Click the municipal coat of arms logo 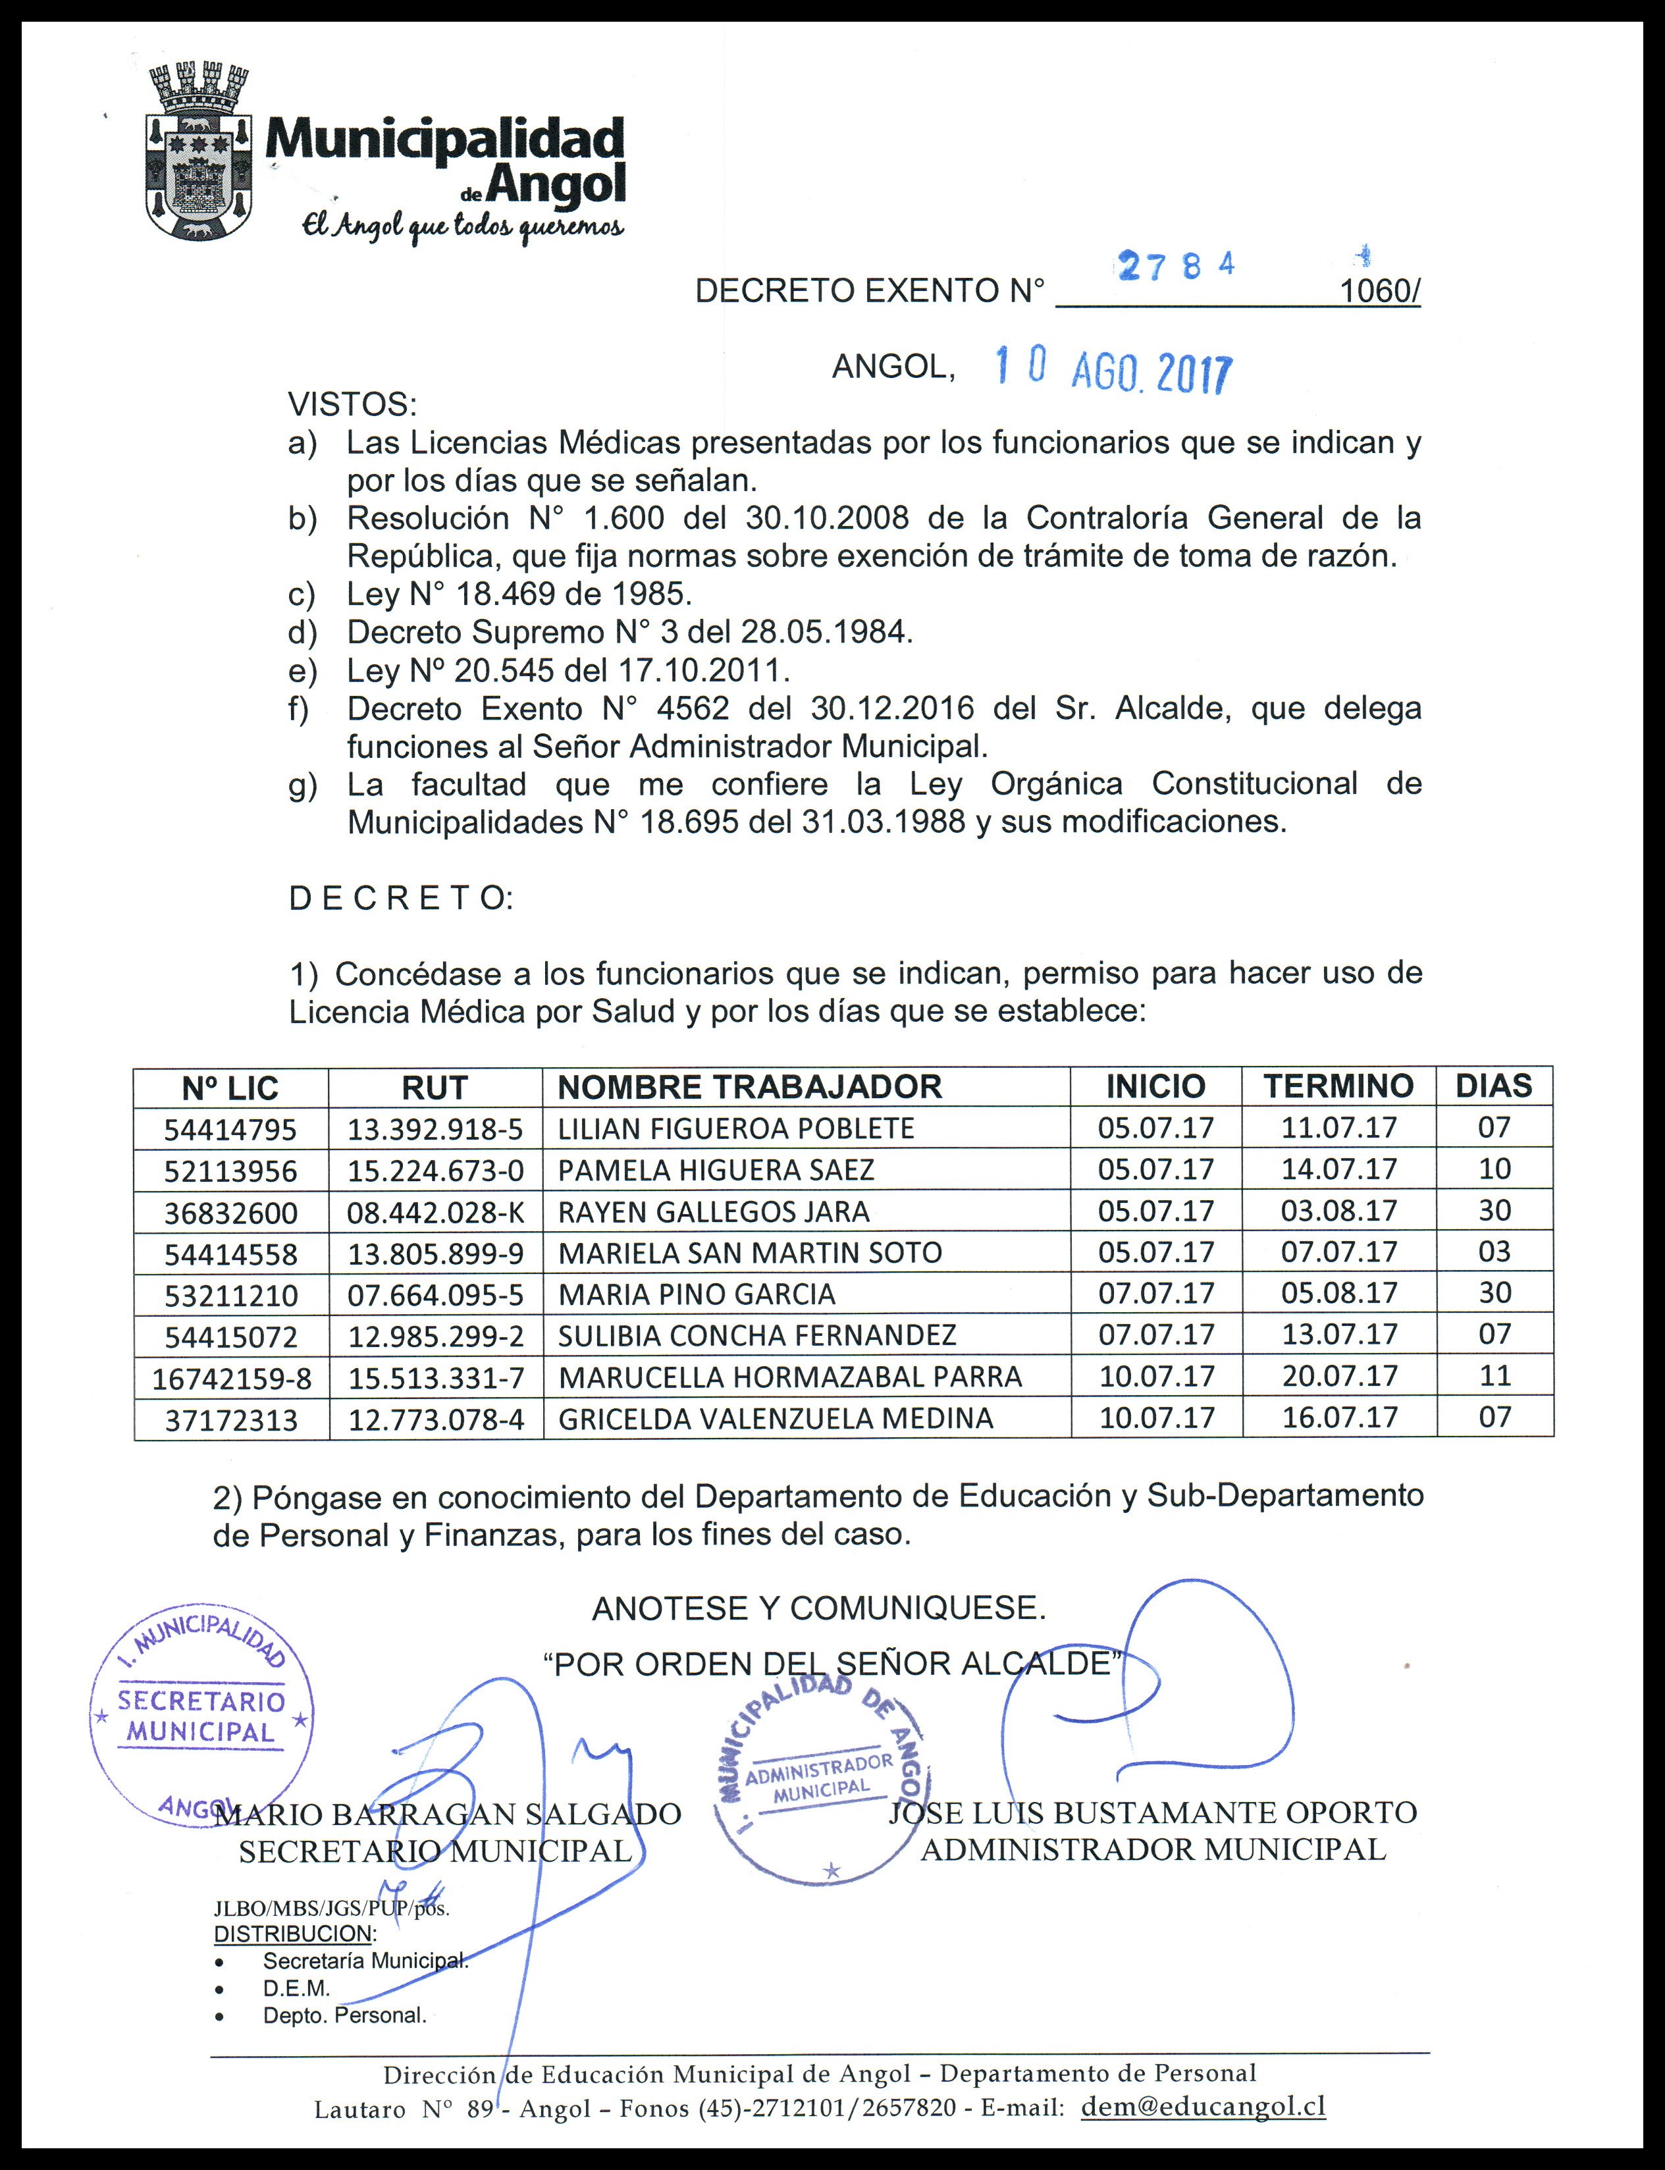tap(196, 151)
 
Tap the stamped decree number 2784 tap(1176, 265)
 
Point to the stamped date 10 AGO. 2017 tap(1113, 371)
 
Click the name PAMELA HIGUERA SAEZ tap(716, 1170)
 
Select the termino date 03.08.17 tap(1339, 1211)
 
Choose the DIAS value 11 tap(1494, 1375)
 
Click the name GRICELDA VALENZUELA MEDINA tap(775, 1419)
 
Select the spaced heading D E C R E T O tap(400, 898)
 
